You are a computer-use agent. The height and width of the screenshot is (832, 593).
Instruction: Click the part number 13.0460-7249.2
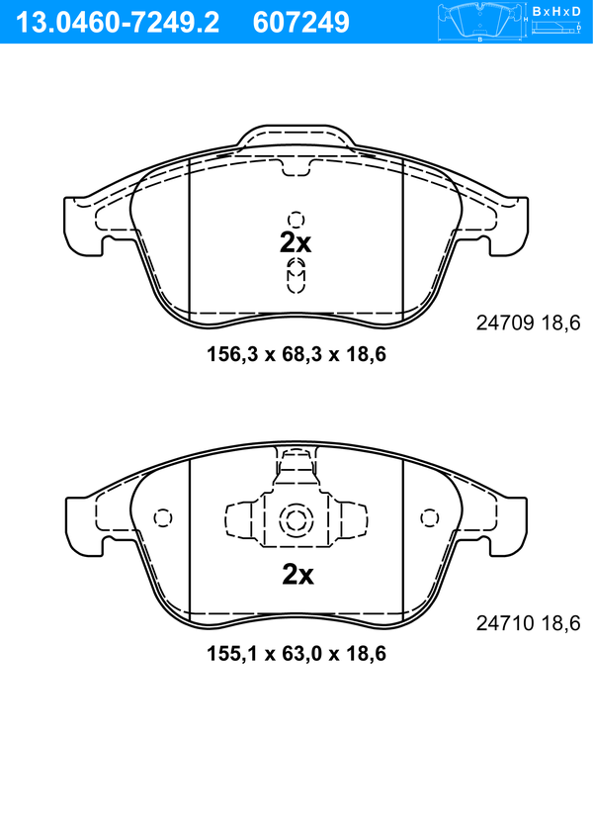118,23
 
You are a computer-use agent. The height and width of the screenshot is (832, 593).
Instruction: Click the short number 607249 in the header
301,23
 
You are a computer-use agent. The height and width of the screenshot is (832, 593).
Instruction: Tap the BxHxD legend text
556,12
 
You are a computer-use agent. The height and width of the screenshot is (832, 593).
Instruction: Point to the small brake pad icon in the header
480,22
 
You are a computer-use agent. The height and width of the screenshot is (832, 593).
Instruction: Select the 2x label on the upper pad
296,243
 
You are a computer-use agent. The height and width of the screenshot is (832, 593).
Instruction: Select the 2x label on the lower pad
297,574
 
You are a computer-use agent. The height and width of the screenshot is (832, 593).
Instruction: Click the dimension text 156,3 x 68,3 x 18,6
296,354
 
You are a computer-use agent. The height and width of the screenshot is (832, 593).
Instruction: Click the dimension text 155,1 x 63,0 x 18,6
296,653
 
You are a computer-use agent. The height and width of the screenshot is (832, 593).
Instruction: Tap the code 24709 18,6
529,323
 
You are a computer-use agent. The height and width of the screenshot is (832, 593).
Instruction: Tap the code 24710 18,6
529,622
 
